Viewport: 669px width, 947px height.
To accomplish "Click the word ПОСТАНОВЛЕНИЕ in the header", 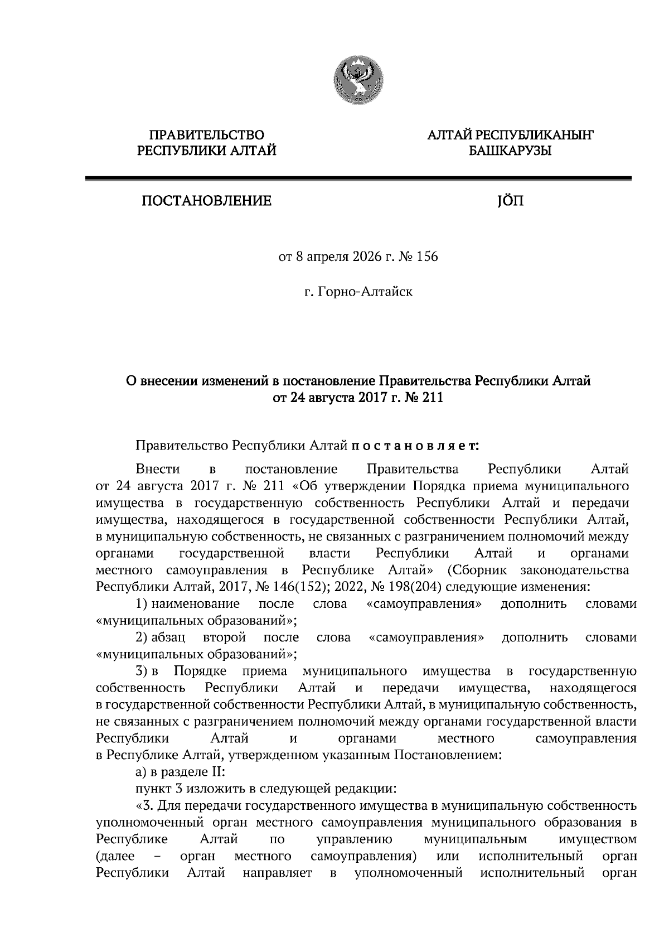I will (x=206, y=201).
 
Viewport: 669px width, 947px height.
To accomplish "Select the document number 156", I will (x=426, y=257).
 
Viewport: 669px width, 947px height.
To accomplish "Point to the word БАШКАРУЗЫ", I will (x=510, y=151).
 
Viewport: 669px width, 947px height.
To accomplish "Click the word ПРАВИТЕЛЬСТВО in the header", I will (x=206, y=134).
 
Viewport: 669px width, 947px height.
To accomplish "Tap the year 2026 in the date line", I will (x=362, y=257).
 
